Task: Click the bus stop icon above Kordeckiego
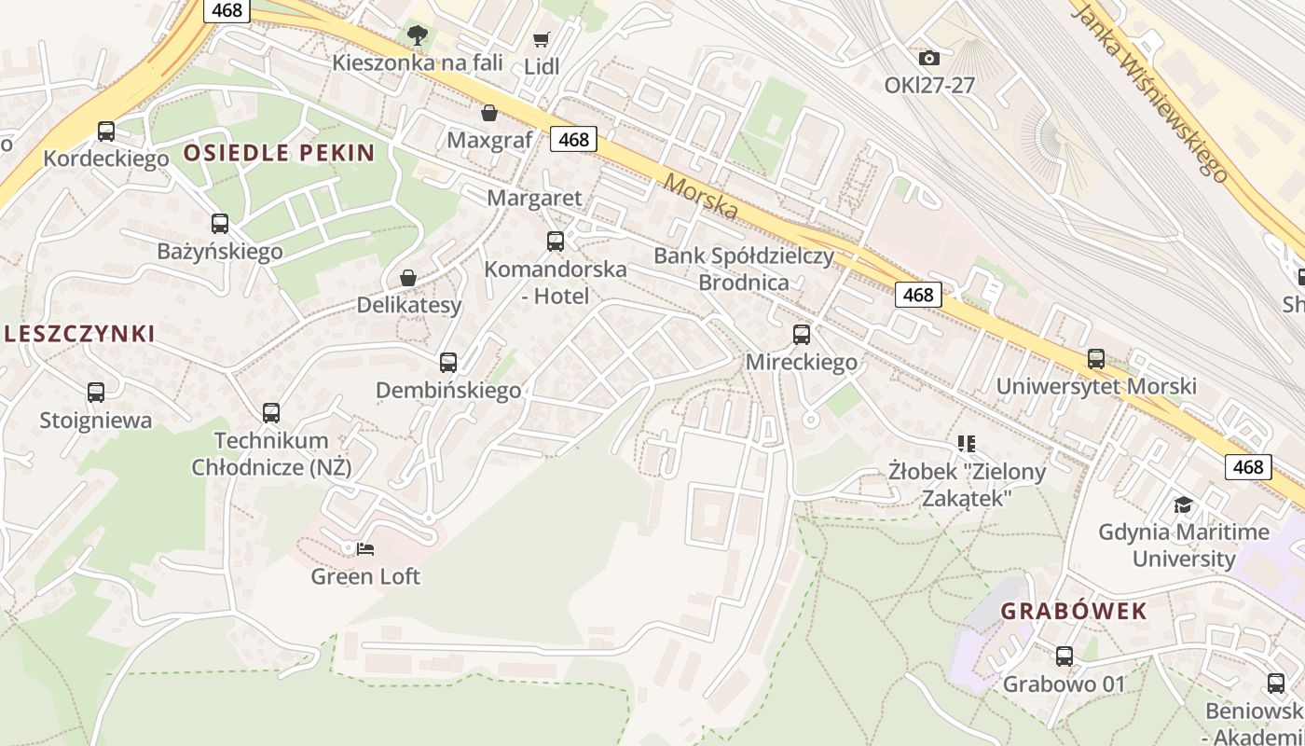[106, 131]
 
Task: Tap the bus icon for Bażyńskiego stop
[220, 224]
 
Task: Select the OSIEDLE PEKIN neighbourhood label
[279, 153]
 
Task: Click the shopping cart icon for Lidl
[541, 39]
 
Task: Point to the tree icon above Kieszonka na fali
[418, 35]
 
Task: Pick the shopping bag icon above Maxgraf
[489, 113]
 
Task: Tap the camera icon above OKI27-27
[928, 58]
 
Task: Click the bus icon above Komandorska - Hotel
[556, 242]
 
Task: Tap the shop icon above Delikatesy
[408, 278]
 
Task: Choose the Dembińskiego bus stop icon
[448, 363]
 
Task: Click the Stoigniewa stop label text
[95, 421]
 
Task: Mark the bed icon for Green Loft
[366, 548]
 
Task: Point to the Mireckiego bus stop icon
[802, 334]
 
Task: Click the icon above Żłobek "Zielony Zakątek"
[966, 444]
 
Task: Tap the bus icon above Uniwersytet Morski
[1096, 359]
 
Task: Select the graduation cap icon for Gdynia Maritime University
[1183, 504]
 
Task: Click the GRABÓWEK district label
[1074, 612]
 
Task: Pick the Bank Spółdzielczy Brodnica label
[743, 269]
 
